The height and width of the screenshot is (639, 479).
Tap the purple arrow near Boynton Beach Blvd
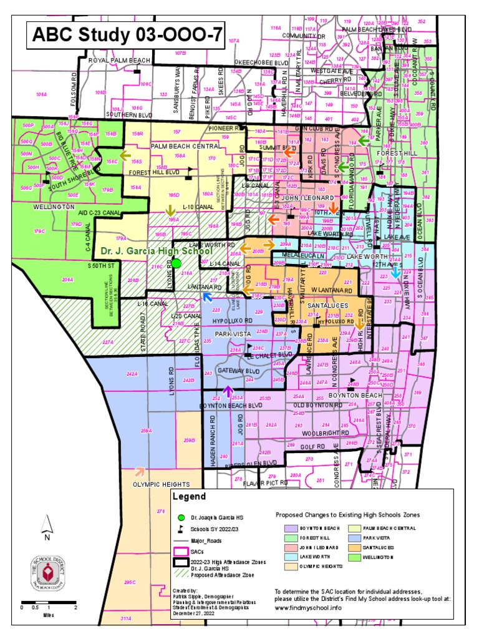coord(228,392)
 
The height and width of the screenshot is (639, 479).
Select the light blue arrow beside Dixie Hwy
coord(396,270)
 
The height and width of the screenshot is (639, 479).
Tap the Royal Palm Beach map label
coord(119,60)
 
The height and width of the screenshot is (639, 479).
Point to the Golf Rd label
coord(313,447)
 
